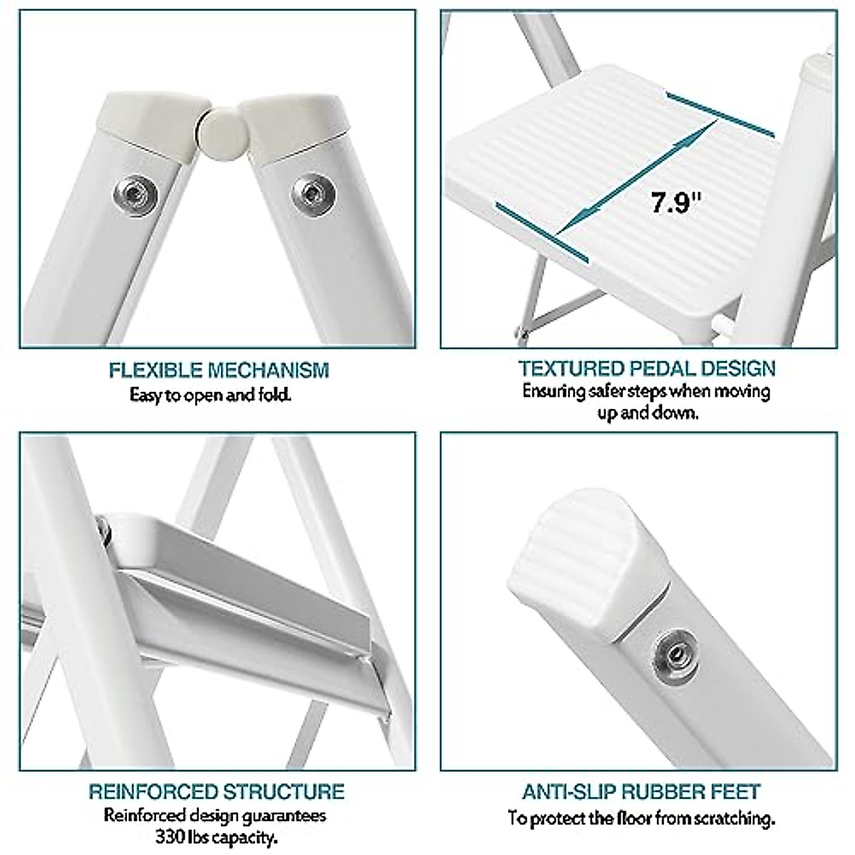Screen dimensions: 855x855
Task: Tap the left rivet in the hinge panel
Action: coord(130,191)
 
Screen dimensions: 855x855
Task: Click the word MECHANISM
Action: coord(269,370)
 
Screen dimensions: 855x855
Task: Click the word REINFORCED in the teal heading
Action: coord(152,792)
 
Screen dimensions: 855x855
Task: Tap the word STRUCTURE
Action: coord(284,792)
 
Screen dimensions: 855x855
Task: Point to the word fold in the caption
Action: coord(272,394)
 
